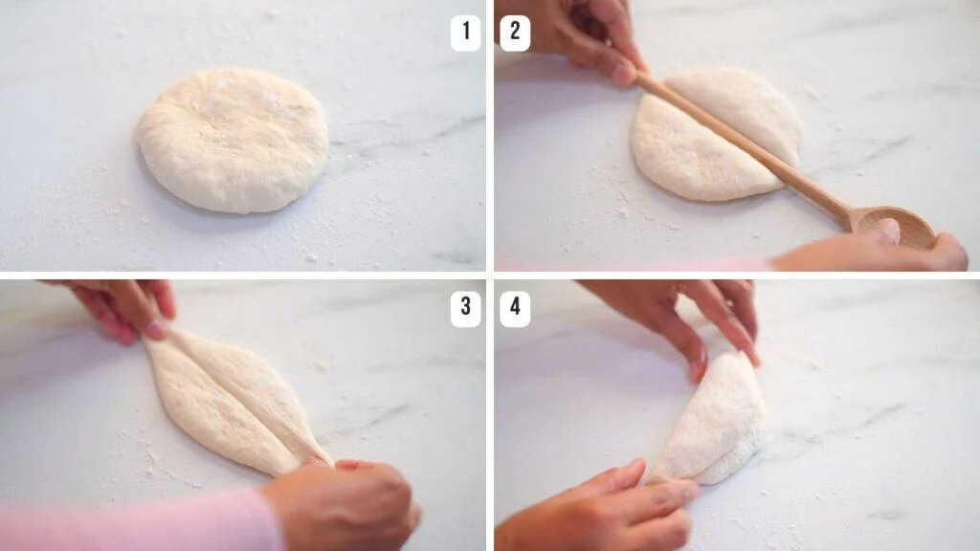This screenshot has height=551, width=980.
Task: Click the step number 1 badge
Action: point(465,33)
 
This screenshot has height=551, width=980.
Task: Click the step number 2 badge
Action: point(514,33)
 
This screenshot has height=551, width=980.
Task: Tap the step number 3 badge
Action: point(465,308)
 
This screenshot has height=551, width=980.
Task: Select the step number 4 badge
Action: point(514,308)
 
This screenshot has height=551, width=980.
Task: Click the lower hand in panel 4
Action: point(603,507)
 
